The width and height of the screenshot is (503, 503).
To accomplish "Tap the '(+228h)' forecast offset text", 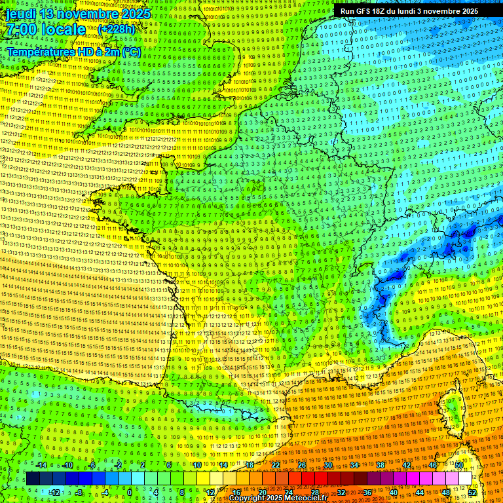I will tap(117, 29).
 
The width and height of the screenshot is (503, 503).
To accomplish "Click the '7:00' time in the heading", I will tap(24, 30).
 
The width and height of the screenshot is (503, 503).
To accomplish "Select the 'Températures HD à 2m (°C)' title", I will tap(73, 51).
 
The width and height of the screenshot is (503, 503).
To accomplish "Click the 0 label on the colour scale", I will tap(130, 493).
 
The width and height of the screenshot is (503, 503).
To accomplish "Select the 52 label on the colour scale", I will tap(472, 493).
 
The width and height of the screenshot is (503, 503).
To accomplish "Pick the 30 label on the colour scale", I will tap(327, 465).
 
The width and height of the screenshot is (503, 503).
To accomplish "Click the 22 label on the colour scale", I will tap(276, 465).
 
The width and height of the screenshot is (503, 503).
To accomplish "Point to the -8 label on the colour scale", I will tap(79, 493).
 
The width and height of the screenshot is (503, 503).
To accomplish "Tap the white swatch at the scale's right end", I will tap(465, 479).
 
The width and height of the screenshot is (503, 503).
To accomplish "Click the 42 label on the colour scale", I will tap(407, 465).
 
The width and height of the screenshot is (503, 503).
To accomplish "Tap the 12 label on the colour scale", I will tap(210, 493).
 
